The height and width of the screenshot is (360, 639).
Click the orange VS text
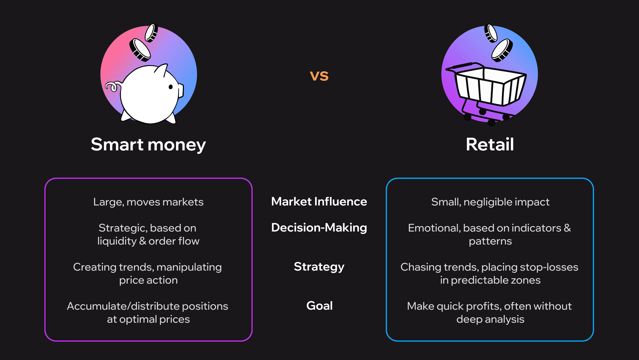(x=319, y=76)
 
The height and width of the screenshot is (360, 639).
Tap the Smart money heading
(x=148, y=144)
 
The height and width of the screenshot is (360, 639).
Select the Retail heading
(x=490, y=144)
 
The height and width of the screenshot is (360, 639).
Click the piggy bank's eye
(x=171, y=87)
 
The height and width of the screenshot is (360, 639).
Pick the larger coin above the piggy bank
(x=140, y=50)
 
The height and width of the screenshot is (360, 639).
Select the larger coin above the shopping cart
(x=502, y=50)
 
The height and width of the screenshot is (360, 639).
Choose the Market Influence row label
(x=319, y=201)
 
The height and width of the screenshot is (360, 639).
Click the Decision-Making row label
(x=319, y=228)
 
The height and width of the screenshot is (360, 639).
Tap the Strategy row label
(x=319, y=267)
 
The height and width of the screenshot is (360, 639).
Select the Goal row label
(x=319, y=306)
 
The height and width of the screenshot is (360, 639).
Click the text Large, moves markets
(x=148, y=202)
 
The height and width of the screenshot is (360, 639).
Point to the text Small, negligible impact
(x=490, y=202)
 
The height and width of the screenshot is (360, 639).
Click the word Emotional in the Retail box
(x=434, y=228)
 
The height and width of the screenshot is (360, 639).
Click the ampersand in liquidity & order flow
(x=143, y=241)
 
